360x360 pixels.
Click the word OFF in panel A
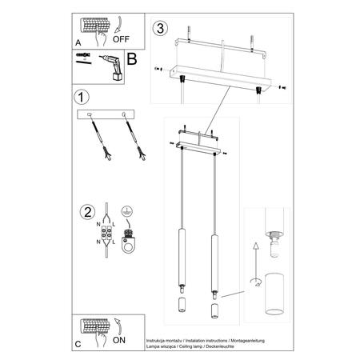pyautogui.click(x=122, y=36)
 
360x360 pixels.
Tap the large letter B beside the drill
pyautogui.click(x=133, y=59)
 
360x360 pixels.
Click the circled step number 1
pyautogui.click(x=81, y=98)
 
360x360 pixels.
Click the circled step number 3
pyautogui.click(x=162, y=29)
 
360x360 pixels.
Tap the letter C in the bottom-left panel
pyautogui.click(x=77, y=344)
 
